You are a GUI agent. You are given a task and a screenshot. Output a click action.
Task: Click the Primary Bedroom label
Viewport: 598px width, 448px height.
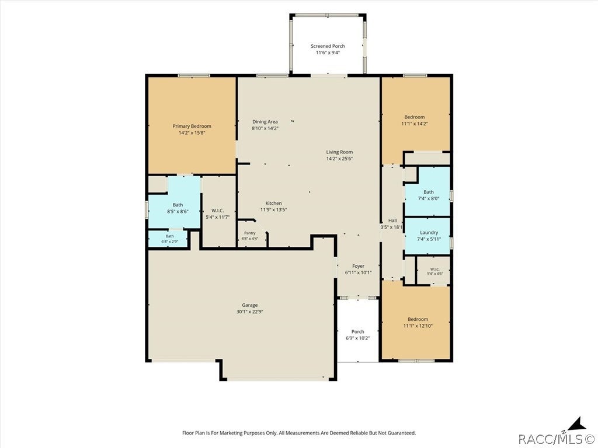tap(192, 126)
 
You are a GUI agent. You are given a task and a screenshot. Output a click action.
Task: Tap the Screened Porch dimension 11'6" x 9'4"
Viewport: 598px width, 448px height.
tap(328, 52)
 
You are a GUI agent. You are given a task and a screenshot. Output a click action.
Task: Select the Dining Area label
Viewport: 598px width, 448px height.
tap(265, 122)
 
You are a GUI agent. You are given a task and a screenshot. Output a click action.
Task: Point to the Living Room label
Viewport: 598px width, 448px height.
tap(339, 152)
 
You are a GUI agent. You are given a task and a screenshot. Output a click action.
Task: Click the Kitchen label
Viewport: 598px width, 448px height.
tap(273, 203)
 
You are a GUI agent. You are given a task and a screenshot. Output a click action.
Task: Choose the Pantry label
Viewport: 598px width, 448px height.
tap(250, 233)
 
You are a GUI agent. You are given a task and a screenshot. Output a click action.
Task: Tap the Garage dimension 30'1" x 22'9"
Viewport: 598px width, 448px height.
tap(250, 311)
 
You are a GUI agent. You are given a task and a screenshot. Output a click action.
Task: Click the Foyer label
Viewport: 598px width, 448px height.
tap(358, 266)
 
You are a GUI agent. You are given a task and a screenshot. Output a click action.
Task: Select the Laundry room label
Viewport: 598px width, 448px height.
tap(429, 232)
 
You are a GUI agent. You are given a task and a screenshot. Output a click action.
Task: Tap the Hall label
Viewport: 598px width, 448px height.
tap(392, 220)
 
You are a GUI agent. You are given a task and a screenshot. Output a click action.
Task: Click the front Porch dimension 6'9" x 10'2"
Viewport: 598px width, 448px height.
tap(358, 338)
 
